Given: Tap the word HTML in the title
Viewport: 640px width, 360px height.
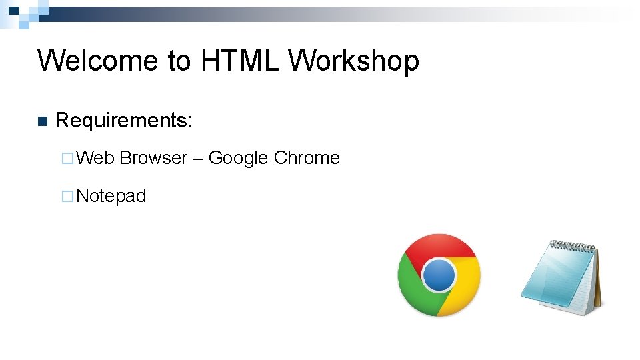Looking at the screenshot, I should point(239,61).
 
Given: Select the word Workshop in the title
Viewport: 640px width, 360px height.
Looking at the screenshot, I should point(354,61).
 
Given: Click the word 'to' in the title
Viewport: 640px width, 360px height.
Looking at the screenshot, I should point(179,61).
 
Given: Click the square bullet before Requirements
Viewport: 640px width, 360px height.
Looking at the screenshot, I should point(43,121).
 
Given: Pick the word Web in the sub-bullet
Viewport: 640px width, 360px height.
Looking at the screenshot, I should point(96,158).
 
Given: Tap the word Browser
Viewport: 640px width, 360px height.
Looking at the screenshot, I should point(153,158).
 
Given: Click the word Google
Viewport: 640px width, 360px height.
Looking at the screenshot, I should point(238,158).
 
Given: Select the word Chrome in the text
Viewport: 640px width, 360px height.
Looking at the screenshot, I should point(307,158).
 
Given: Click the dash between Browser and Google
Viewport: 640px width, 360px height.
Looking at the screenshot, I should point(198,159).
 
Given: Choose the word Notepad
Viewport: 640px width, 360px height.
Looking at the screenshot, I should point(111,196).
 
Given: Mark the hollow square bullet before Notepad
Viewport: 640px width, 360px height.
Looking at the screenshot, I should point(67,197).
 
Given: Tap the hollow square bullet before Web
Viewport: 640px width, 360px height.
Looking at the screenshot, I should point(67,159).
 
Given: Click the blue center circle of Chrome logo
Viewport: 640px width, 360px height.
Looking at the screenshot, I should point(439,275).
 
